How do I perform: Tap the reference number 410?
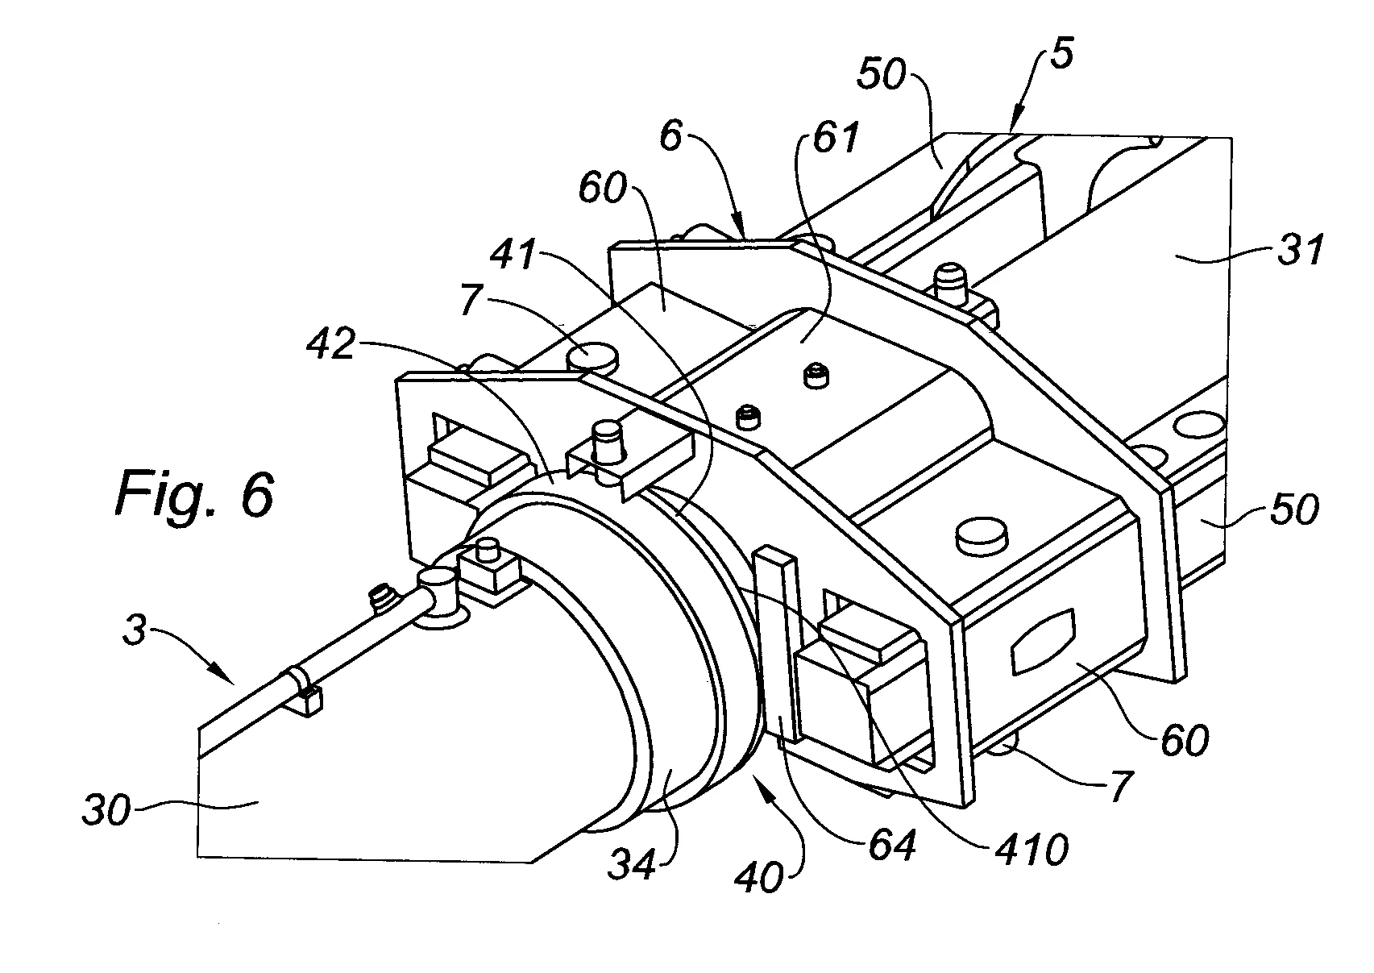pos(1032,850)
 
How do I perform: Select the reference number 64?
pos(892,846)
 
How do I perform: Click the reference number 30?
pos(106,809)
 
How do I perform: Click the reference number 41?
pos(515,254)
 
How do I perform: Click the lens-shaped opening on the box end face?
pos(1042,642)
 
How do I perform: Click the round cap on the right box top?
pos(982,538)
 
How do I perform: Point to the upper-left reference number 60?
pos(602,188)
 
